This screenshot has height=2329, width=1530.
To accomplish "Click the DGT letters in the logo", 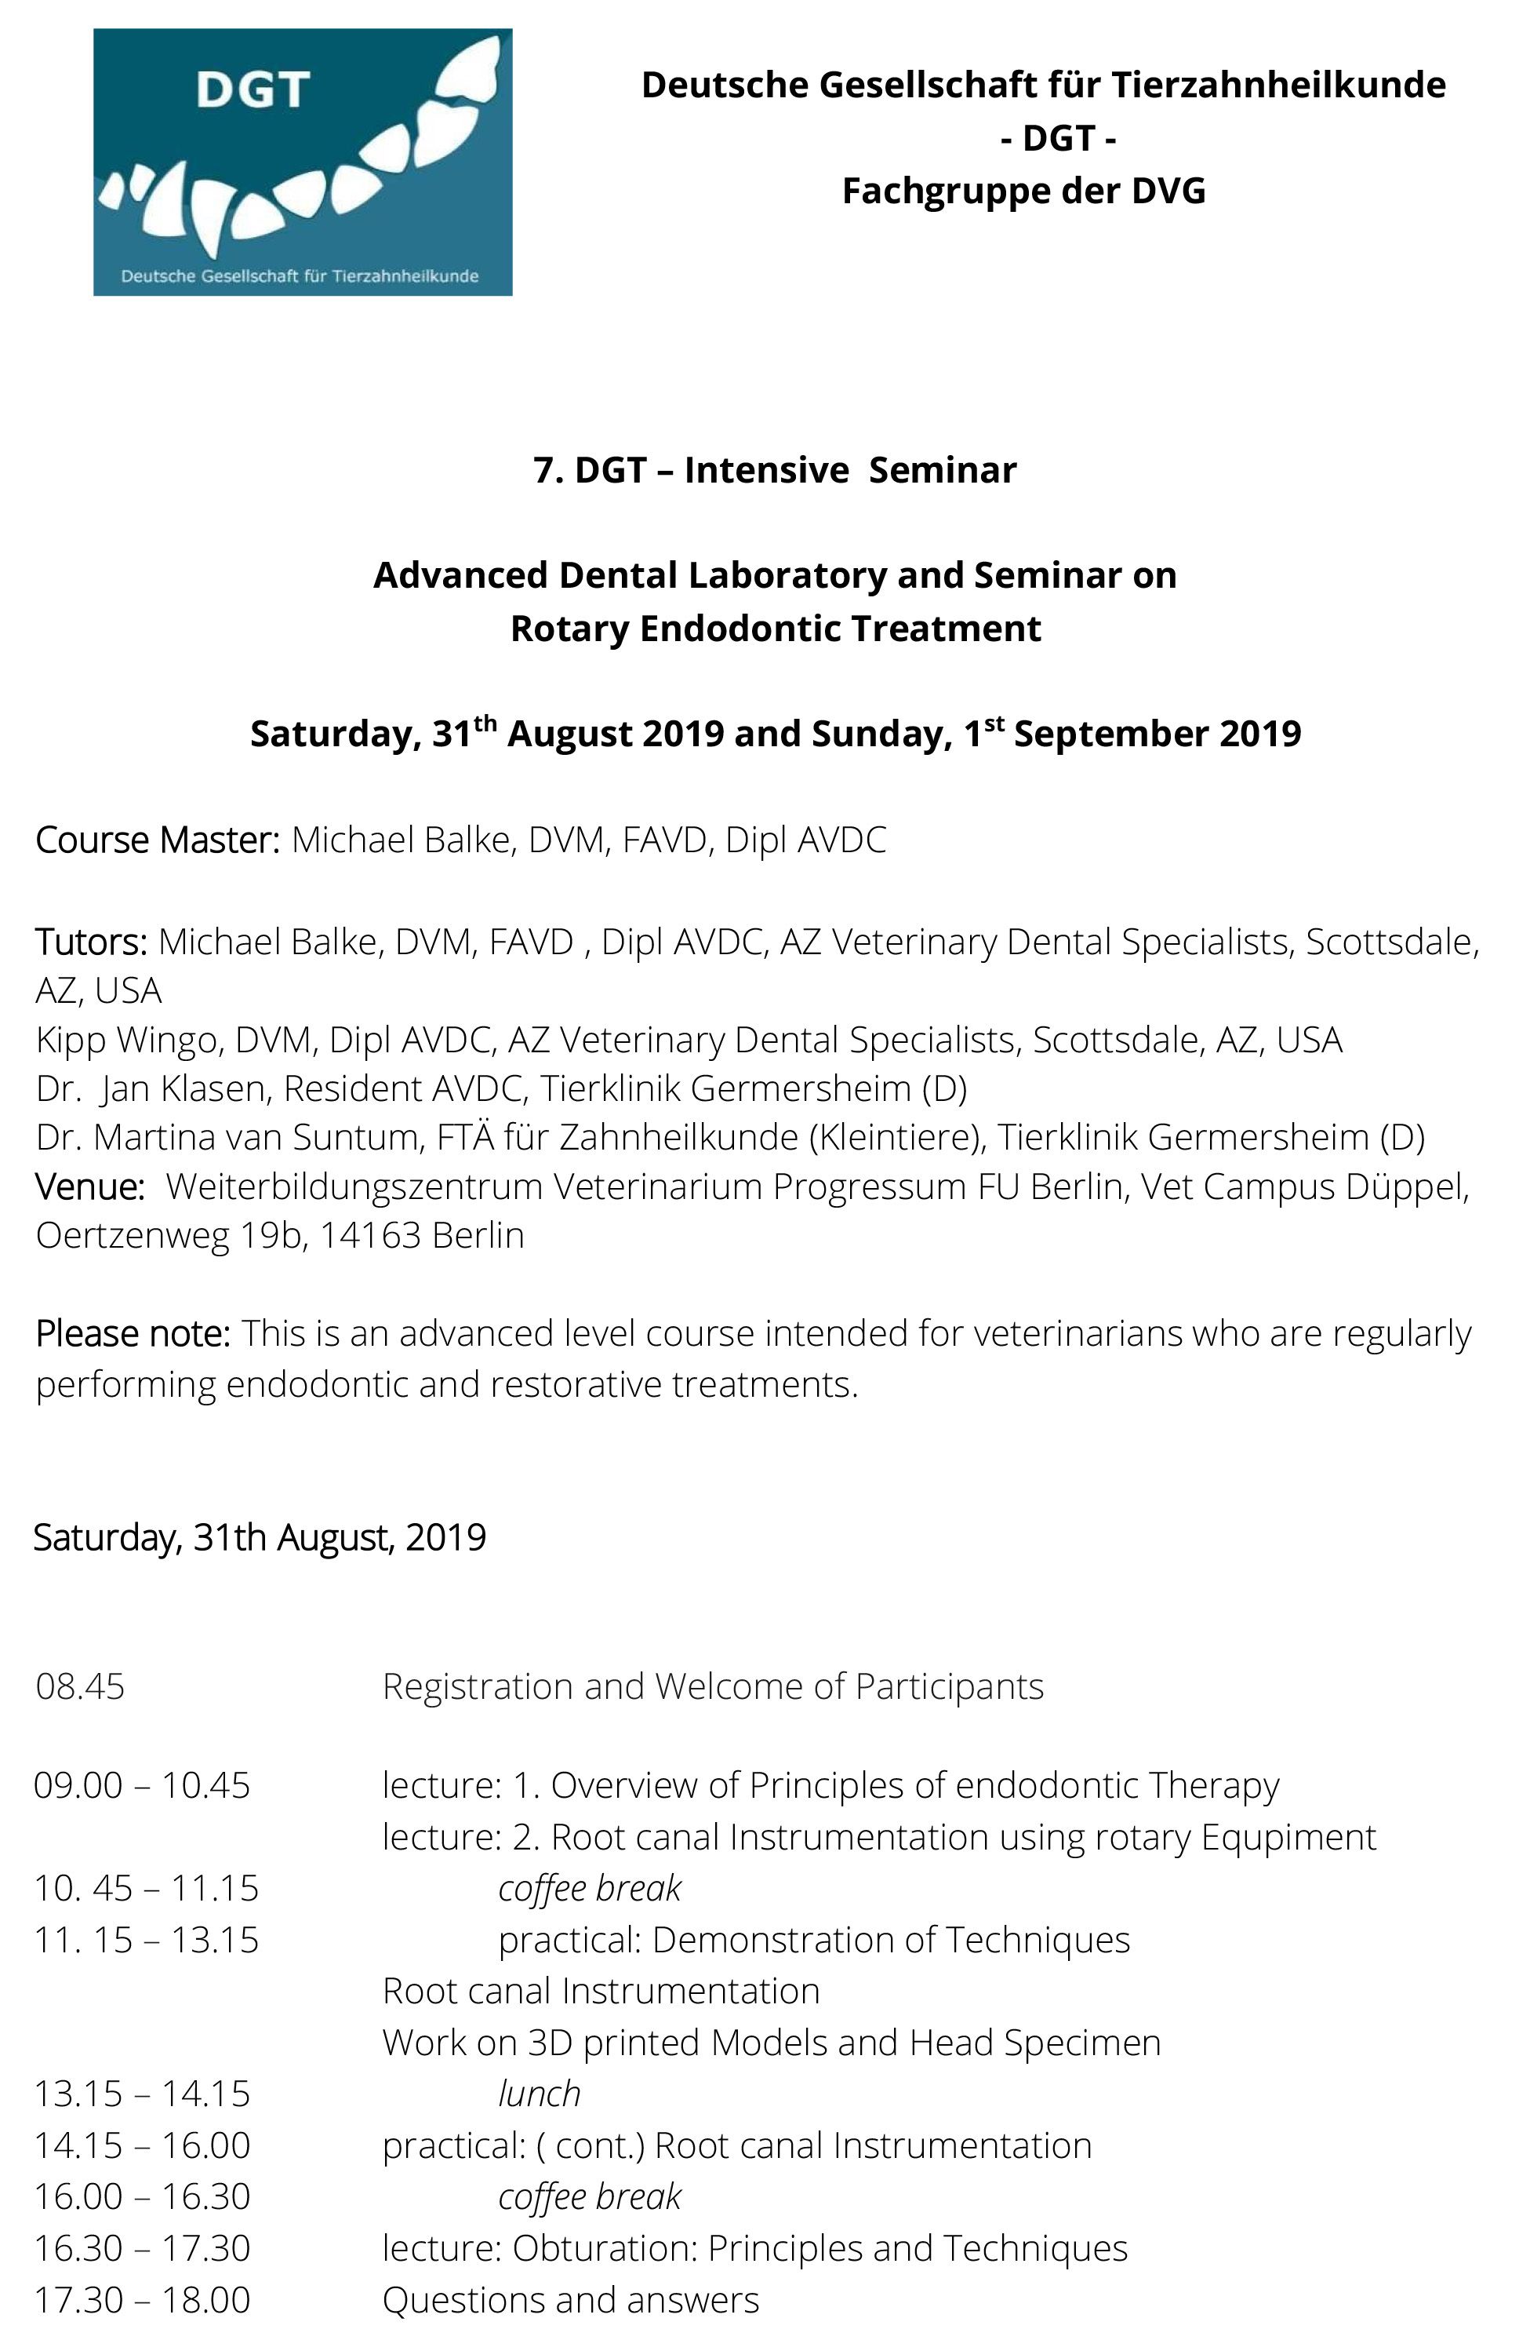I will [x=253, y=90].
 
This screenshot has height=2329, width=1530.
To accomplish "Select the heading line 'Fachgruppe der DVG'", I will [x=1023, y=191].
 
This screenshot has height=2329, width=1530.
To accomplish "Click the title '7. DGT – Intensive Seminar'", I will [x=775, y=471].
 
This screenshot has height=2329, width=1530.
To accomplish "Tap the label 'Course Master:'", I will [x=158, y=840].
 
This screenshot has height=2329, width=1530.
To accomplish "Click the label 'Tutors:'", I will [x=91, y=942].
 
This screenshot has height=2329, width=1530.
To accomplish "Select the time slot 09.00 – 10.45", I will [x=142, y=1786].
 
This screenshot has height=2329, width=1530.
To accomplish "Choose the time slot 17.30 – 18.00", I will [x=142, y=2300].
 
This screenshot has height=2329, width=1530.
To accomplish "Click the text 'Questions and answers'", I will [x=570, y=2300].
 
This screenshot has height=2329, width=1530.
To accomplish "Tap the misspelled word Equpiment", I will [x=1288, y=1838].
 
